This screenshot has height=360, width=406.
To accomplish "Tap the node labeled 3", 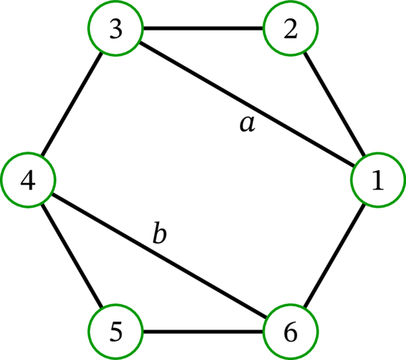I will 114,30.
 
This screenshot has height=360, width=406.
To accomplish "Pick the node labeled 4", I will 28,180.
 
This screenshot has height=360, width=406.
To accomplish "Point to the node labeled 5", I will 114,332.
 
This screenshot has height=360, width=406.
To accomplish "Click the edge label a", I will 248,123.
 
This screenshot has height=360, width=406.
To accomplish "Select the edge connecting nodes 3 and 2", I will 203,30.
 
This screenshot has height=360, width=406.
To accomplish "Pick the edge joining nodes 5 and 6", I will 203,332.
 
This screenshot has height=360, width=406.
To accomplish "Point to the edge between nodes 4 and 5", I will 71,256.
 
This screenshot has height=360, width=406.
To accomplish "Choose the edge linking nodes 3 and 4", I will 71,105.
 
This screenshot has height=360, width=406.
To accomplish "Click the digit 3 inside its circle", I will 114,30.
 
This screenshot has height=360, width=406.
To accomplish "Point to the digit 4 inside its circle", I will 28,180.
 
